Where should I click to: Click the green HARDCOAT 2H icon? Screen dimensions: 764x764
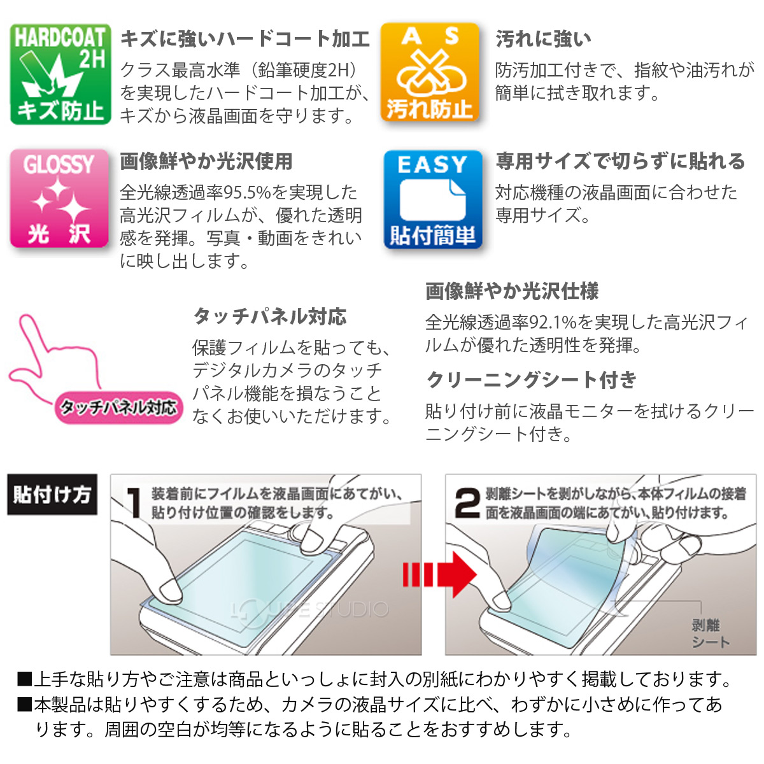point(60,74)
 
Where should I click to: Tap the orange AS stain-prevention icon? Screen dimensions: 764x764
point(430,73)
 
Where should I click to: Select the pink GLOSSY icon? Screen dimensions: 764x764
point(59,198)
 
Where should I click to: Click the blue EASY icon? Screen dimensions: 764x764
point(432,199)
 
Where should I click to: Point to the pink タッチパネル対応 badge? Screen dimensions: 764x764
point(119,407)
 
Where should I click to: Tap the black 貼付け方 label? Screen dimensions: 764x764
point(52,495)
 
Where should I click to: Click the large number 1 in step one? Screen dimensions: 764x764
point(134,503)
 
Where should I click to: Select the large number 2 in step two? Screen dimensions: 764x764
point(467,503)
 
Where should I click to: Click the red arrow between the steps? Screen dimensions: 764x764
point(439,575)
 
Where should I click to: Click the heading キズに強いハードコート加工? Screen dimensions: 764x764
point(245,39)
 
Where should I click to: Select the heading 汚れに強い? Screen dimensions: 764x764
point(543,39)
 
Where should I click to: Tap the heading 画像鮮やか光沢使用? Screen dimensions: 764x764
point(206,162)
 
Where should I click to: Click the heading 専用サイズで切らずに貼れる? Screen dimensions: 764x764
point(620,162)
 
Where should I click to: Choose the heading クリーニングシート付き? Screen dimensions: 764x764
point(532,380)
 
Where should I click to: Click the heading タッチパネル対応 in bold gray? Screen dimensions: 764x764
point(270,316)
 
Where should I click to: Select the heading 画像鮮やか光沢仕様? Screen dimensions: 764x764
point(512,292)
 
